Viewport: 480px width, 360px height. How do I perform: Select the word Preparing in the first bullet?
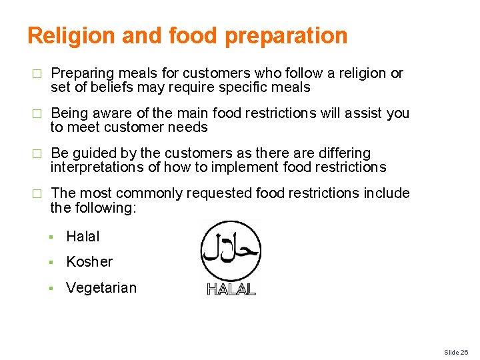[79, 73]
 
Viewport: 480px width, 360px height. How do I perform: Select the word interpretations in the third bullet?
[94, 167]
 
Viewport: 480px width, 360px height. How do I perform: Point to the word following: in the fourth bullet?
[106, 208]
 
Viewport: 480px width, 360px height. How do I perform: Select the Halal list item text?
[83, 236]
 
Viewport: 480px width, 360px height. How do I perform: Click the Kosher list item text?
[89, 262]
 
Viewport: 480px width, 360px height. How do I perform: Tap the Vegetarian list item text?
[101, 288]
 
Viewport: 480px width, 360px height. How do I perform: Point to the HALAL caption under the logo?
[231, 289]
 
